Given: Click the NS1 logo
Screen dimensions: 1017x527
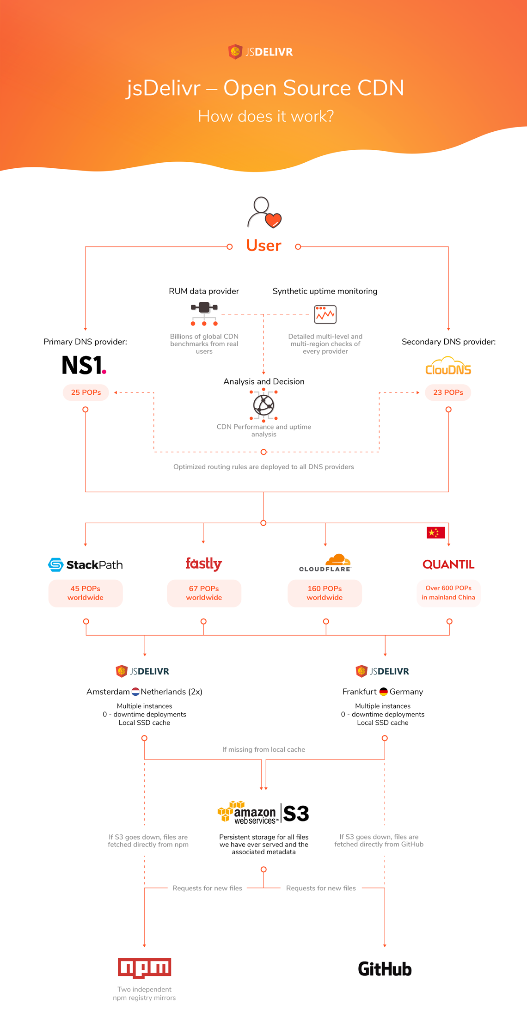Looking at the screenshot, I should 84,365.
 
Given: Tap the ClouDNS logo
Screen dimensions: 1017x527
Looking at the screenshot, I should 448,366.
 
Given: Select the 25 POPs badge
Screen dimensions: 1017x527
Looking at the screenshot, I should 86,392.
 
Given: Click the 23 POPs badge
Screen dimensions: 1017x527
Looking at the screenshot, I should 448,392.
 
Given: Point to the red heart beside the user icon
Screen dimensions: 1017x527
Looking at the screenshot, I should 273,221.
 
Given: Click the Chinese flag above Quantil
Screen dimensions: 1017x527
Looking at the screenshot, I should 435,533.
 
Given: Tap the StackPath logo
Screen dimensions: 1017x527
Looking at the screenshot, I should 86,564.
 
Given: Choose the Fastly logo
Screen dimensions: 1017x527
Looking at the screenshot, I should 204,564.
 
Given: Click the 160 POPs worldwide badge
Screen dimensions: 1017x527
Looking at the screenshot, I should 325,593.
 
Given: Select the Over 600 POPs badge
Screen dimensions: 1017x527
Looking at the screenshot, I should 448,593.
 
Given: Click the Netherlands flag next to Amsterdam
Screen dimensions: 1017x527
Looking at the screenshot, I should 135,692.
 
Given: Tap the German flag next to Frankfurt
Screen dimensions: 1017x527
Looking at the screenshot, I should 383,692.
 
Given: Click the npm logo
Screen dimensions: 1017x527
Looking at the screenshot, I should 144,968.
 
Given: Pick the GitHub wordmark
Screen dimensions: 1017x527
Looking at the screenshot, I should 385,969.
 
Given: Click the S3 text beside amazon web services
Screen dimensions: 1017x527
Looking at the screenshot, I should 296,814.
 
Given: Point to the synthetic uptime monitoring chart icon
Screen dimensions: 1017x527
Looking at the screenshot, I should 325,315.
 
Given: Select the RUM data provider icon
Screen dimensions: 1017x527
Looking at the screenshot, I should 204,313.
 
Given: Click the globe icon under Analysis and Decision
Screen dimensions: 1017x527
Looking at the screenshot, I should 263,405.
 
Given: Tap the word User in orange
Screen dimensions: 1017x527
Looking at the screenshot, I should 263,245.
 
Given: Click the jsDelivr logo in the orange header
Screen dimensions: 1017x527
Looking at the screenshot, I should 261,52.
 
